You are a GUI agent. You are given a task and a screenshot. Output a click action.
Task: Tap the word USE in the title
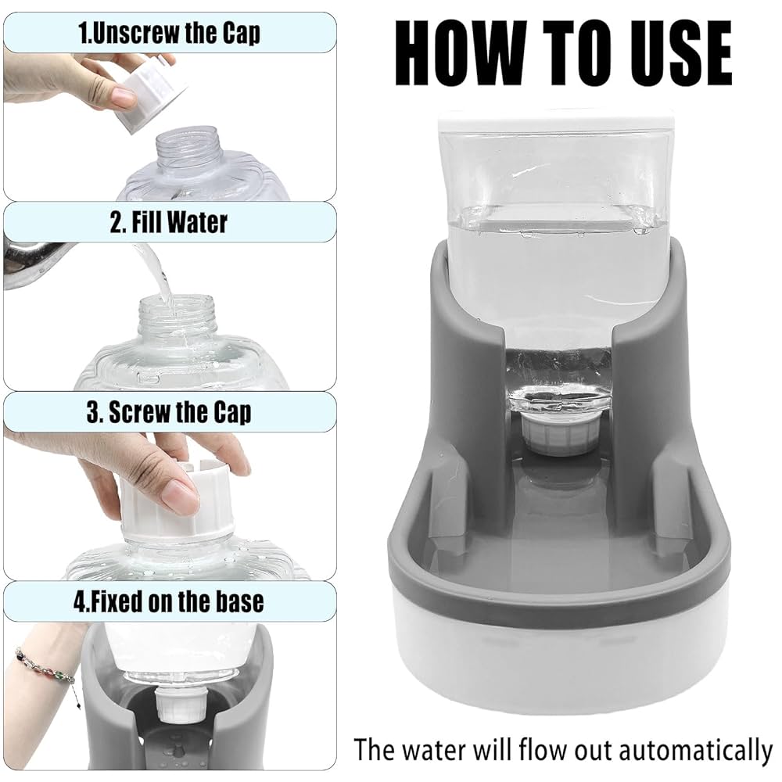673,54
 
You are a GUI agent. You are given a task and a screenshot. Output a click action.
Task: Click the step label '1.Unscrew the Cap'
169,33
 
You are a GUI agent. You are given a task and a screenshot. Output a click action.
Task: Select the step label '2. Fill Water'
169,222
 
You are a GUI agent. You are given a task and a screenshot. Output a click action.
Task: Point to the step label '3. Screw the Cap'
169,411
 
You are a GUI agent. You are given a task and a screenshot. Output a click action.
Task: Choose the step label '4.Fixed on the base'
169,601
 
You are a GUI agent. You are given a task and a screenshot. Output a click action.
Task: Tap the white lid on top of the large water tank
555,121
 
